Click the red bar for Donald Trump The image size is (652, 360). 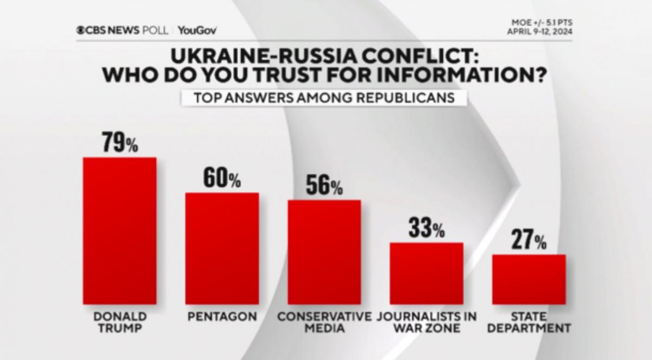point(120,231)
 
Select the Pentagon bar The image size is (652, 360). point(222,248)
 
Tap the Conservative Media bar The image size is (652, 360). point(324,252)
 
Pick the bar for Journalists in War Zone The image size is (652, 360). point(427,273)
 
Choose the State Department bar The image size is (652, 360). point(529,279)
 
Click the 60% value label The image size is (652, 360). point(222,179)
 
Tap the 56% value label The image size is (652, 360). point(324,186)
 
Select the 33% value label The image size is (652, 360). point(427,229)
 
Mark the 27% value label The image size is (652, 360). point(529,241)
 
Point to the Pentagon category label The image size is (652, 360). point(222,316)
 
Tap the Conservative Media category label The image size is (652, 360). point(324,322)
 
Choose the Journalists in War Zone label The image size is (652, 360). point(427,322)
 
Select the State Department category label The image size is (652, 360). point(529,322)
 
